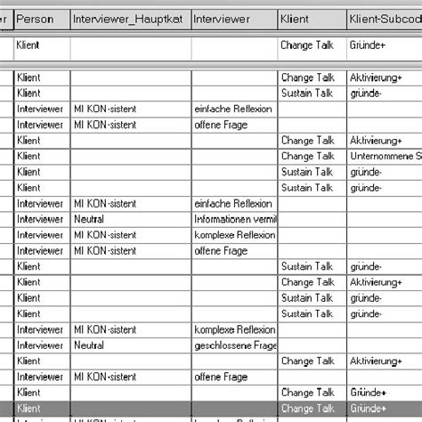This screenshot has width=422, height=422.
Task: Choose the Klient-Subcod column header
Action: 383,18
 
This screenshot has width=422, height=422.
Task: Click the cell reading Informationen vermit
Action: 234,219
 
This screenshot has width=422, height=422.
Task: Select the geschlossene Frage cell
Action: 234,345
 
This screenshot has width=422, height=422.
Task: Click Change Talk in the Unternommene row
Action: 308,156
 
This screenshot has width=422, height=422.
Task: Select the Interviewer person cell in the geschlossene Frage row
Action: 40,345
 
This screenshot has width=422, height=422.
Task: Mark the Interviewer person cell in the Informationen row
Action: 40,219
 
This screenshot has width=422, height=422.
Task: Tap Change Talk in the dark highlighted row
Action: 308,408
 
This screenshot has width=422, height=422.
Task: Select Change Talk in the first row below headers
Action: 308,44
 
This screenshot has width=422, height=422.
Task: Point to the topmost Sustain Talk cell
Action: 308,93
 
